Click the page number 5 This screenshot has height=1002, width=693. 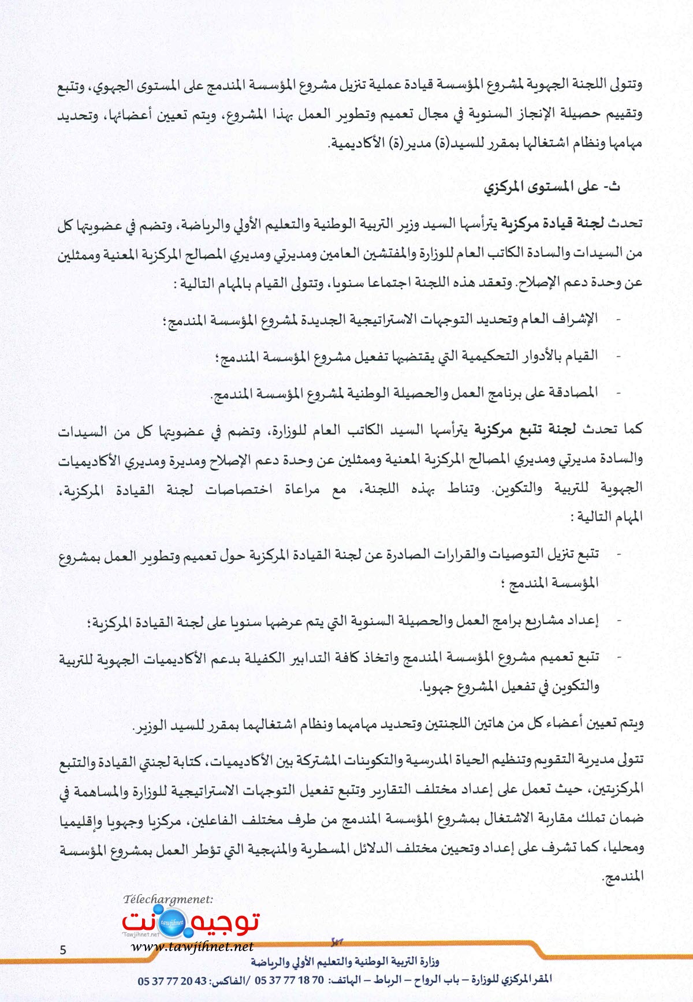coord(63,949)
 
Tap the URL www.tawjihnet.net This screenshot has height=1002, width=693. coord(192,946)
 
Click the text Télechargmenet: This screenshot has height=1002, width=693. coord(168,899)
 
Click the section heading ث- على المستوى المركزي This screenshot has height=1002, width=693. coord(552,187)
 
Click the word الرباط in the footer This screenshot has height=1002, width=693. coord(386,980)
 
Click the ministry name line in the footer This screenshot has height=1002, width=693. coord(345,962)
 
